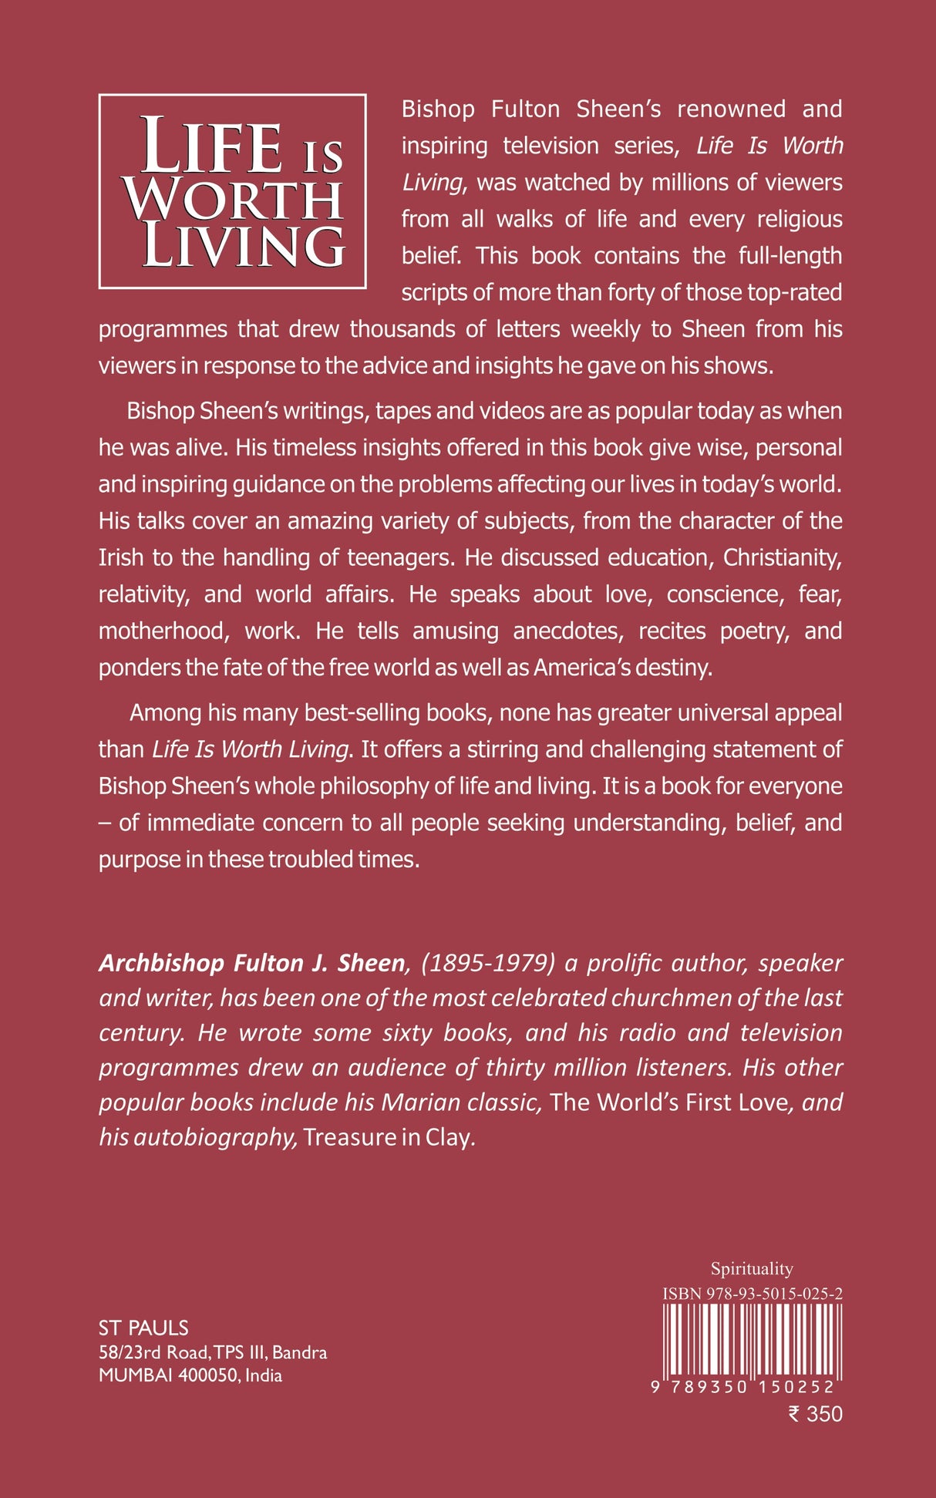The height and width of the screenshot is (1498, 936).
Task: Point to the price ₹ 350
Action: (815, 1414)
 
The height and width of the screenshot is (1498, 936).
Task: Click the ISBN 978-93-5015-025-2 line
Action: (752, 1293)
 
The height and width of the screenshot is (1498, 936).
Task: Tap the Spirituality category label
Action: (752, 1268)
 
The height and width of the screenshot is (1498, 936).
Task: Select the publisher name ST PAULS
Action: (143, 1328)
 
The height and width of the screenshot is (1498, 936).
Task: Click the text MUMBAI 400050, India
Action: (190, 1375)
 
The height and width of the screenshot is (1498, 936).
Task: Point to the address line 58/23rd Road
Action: (153, 1352)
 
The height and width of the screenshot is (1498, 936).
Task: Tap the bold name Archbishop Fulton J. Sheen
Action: (251, 963)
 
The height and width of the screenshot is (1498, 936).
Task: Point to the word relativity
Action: (143, 594)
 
